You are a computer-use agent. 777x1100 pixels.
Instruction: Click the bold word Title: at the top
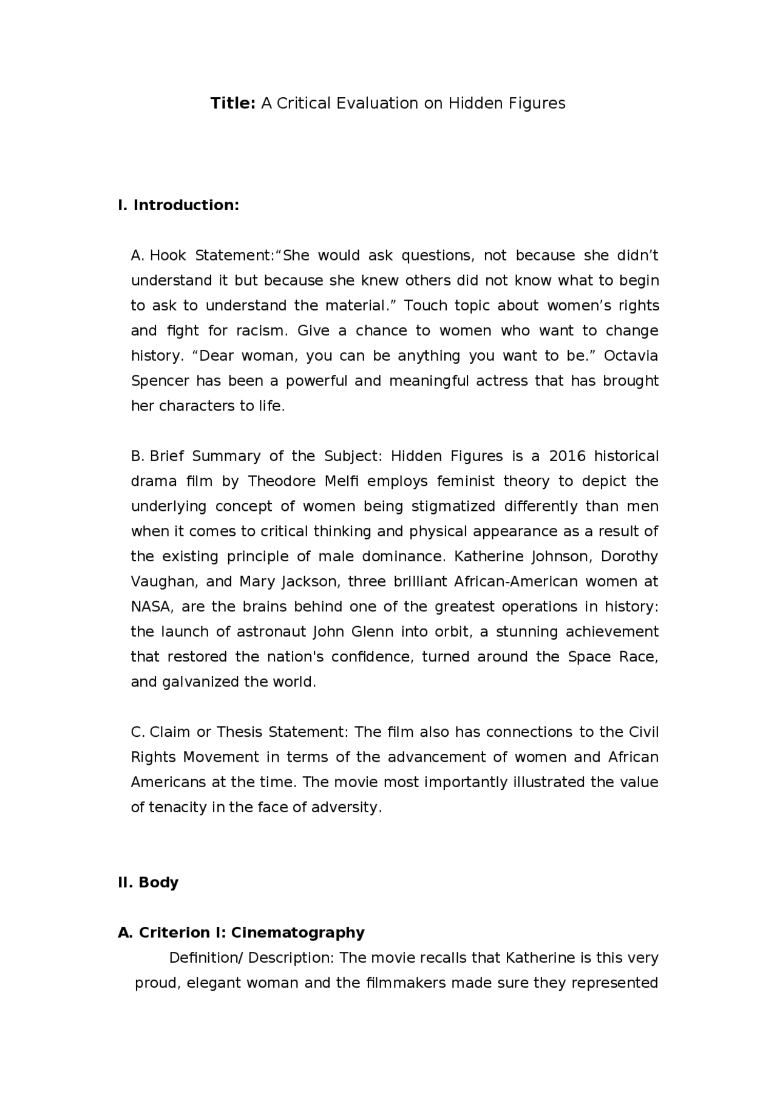pos(233,103)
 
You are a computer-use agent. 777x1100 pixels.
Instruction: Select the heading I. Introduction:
pos(178,205)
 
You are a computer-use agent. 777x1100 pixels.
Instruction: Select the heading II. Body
pos(148,883)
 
